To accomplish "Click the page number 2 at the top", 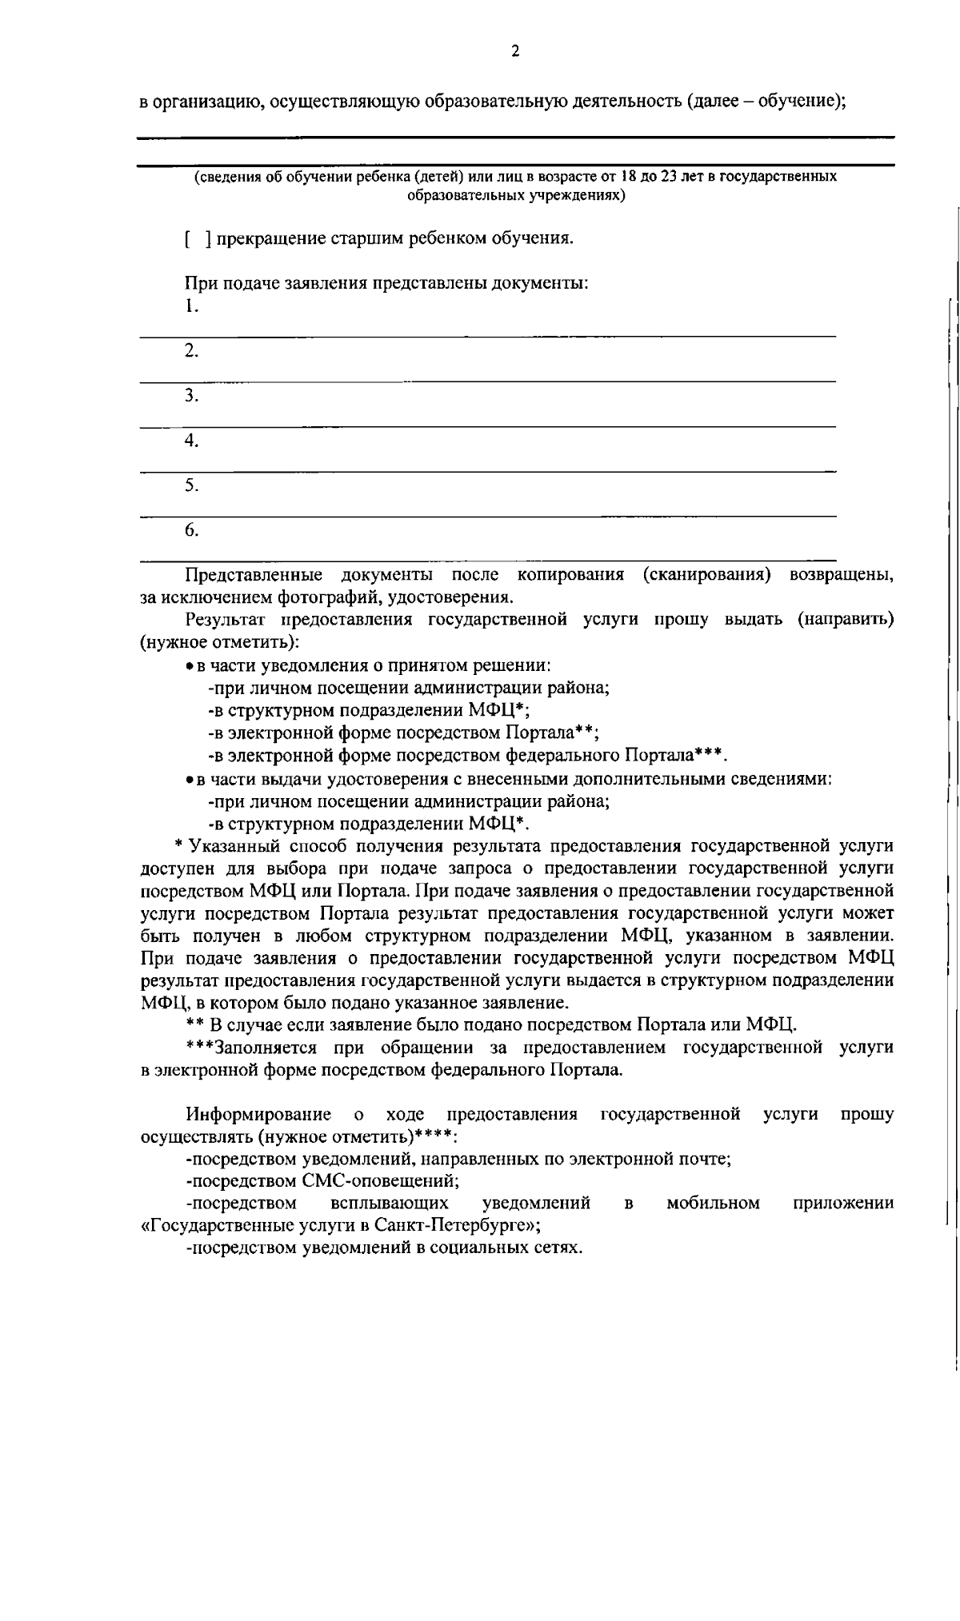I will (x=514, y=51).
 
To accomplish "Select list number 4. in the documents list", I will (x=190, y=441).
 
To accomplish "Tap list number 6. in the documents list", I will (x=190, y=530).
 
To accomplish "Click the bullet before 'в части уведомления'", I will (x=182, y=666).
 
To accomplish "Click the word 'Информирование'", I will (x=258, y=1114).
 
